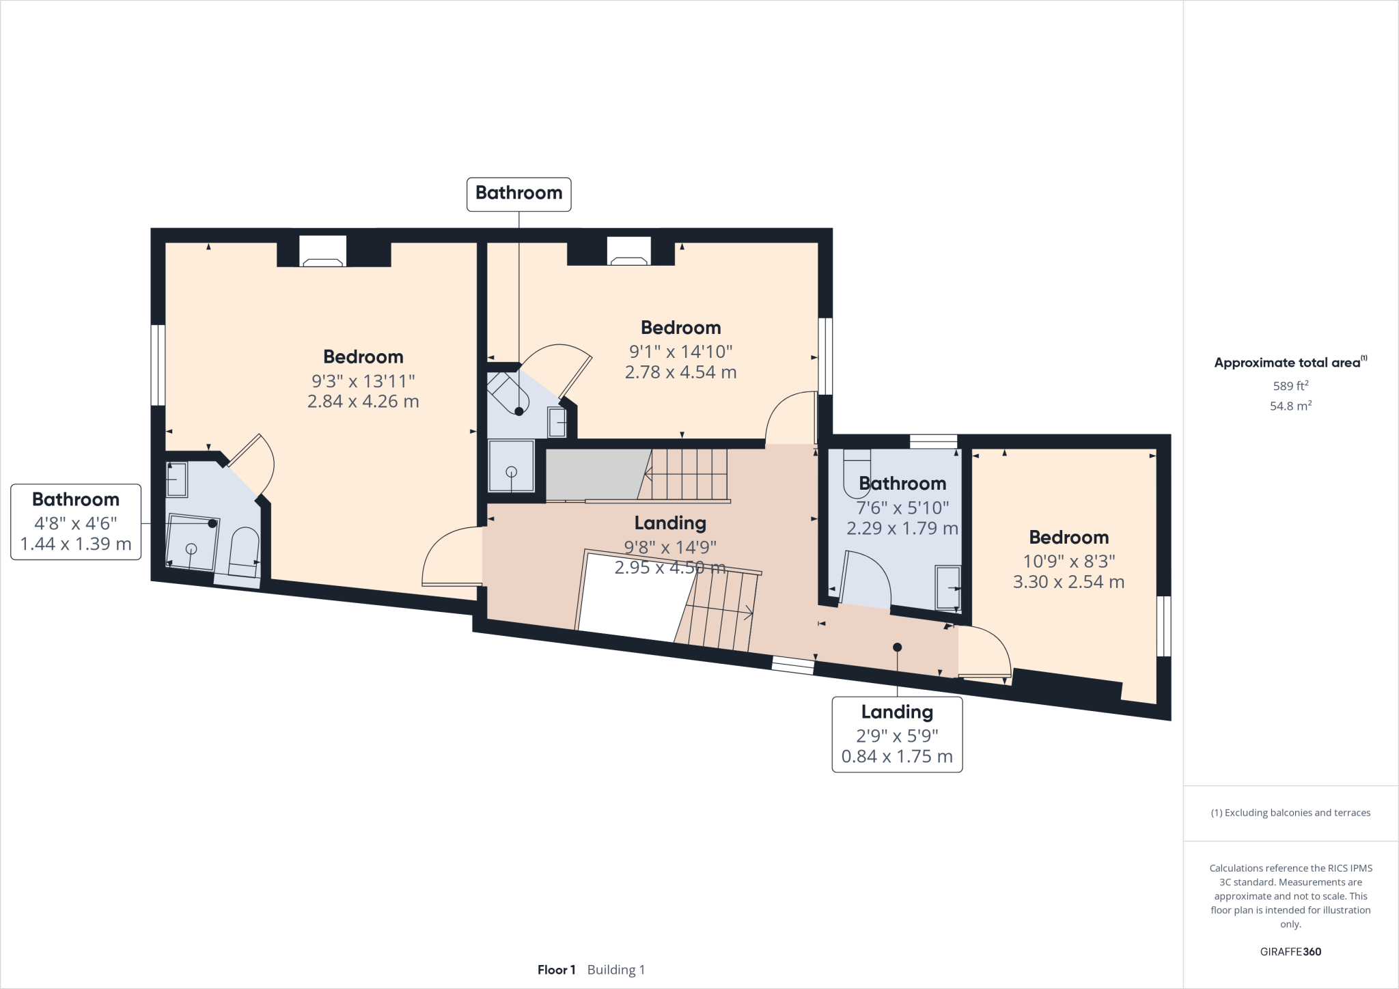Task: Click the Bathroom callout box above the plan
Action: pos(518,194)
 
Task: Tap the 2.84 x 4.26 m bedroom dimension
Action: pos(363,402)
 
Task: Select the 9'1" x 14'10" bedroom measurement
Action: pos(680,352)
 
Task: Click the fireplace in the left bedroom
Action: pos(322,251)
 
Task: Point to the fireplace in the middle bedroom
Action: pos(628,251)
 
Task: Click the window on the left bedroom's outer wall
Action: pos(158,365)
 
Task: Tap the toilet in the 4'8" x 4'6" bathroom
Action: pos(243,551)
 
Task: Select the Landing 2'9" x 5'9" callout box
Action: pos(896,734)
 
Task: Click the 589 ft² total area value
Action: pos(1290,386)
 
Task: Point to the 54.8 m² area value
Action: pos(1290,406)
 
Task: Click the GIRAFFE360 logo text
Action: pos(1290,951)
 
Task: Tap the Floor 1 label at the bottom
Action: pos(556,970)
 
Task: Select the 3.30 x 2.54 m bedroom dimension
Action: pos(1068,582)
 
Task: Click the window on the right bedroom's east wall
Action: pos(1163,626)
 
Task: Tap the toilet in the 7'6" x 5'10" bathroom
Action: pos(857,473)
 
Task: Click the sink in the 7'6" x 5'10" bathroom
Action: pos(947,587)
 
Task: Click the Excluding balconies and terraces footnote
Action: pos(1290,813)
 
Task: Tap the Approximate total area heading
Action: pos(1287,363)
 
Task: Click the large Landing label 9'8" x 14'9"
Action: pos(669,523)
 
